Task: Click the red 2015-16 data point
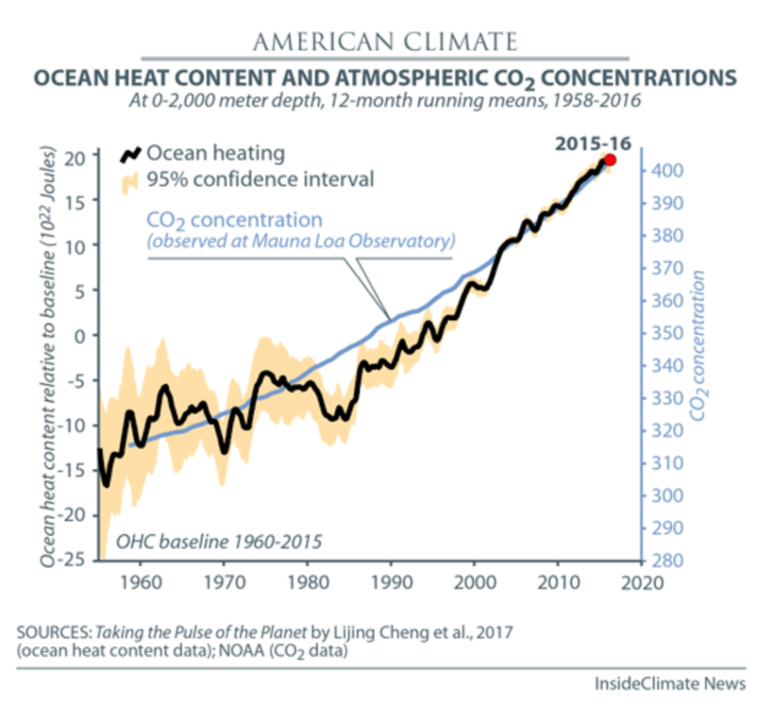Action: click(610, 159)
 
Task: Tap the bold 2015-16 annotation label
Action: click(592, 141)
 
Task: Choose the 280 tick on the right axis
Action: click(667, 561)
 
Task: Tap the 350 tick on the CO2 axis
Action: click(667, 333)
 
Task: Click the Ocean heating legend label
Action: click(216, 153)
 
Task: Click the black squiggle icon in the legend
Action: click(131, 155)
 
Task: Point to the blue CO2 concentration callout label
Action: click(234, 221)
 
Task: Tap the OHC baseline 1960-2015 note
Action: click(219, 541)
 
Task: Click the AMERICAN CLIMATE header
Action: click(385, 41)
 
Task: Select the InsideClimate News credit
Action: click(670, 684)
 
